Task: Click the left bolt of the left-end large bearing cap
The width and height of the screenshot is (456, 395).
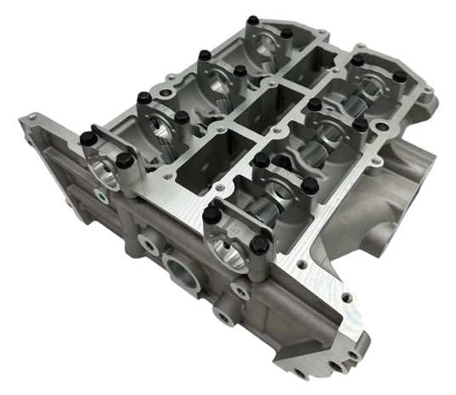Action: (x=87, y=135)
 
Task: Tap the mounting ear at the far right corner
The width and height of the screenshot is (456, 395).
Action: (x=425, y=93)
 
